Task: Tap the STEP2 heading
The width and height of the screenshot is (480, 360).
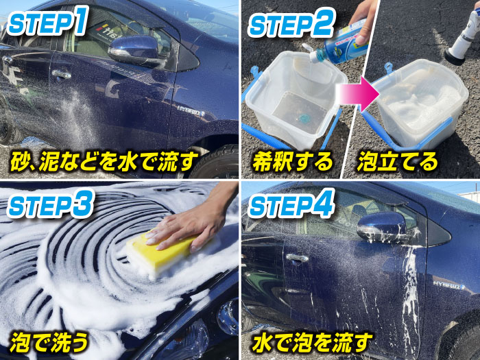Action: click(x=291, y=23)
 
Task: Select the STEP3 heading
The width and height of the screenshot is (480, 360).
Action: click(x=50, y=203)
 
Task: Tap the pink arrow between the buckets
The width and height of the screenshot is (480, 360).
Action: click(x=357, y=94)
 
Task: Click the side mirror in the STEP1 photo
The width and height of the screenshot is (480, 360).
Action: click(x=134, y=51)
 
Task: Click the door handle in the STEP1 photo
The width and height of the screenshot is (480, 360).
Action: click(x=62, y=74)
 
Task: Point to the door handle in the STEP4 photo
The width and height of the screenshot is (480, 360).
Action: click(x=297, y=258)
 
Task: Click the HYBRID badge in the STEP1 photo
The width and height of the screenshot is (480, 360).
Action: click(x=191, y=111)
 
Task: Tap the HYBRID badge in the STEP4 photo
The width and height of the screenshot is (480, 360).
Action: click(x=448, y=286)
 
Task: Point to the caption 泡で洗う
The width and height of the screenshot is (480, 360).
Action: click(x=49, y=341)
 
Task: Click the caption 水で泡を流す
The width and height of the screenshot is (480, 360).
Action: click(x=312, y=341)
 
